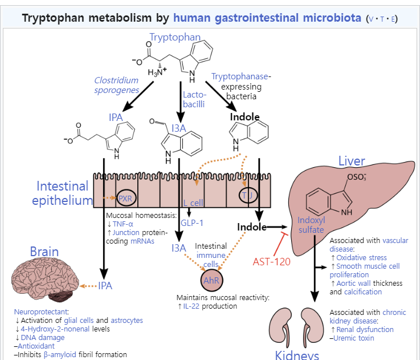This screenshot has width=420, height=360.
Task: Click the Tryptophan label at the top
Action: click(x=174, y=38)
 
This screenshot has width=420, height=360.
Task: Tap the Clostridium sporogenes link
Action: click(x=116, y=85)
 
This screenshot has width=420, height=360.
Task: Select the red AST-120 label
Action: click(x=272, y=261)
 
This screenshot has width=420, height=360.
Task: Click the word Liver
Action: click(x=352, y=160)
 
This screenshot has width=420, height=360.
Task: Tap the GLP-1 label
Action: click(x=191, y=221)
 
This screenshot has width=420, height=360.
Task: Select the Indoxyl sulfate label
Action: click(x=311, y=225)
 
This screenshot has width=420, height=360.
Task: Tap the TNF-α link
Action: click(x=124, y=224)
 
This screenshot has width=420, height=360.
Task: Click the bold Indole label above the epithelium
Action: click(x=244, y=117)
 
